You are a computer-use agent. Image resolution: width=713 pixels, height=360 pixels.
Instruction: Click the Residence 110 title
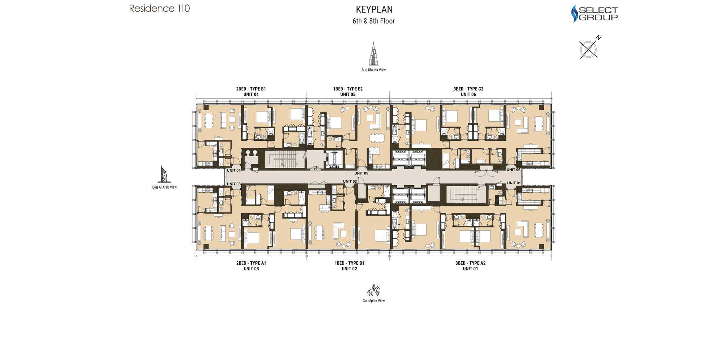tap(159, 8)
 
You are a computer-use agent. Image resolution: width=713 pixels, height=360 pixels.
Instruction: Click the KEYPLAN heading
tap(374, 10)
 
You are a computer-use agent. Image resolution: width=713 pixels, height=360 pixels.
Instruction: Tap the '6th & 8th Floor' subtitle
tap(373, 21)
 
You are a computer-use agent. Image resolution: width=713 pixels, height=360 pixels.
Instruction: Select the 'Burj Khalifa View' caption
tap(373, 70)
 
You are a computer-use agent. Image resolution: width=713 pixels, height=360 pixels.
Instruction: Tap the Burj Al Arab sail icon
tap(164, 175)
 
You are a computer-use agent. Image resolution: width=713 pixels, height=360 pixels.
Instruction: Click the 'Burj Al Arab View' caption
tap(164, 187)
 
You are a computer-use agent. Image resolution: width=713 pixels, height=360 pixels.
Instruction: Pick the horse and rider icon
tap(373, 290)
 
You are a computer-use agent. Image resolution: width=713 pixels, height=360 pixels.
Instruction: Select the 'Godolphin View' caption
tap(373, 301)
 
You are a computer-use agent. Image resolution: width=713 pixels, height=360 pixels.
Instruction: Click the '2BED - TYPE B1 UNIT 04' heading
tap(251, 92)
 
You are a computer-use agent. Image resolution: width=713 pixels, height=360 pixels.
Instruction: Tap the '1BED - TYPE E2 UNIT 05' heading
tap(348, 92)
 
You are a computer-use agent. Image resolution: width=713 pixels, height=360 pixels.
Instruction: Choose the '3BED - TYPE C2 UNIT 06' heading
tap(468, 92)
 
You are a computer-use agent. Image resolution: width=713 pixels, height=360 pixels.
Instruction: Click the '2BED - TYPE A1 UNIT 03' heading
tap(251, 266)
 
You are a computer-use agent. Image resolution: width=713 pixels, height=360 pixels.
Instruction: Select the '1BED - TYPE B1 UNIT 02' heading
tap(349, 266)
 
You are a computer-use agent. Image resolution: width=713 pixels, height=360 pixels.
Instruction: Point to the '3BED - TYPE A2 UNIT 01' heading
tap(470, 266)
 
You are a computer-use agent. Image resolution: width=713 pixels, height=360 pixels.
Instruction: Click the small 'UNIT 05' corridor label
tap(361, 173)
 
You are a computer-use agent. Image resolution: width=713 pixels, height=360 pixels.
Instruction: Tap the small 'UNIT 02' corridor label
tap(350, 181)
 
